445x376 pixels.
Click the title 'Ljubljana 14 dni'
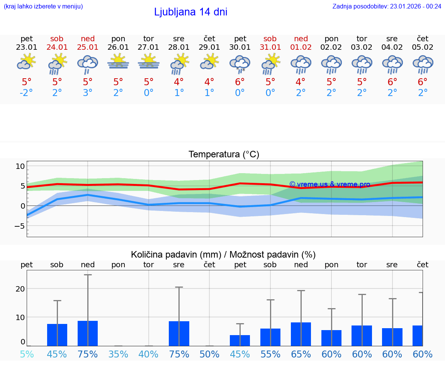click(190, 12)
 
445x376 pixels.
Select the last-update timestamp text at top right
click(387, 6)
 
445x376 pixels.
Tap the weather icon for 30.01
click(240, 64)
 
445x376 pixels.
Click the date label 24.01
click(57, 47)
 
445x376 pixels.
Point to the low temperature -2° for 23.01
click(27, 93)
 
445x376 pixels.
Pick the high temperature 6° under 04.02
click(392, 82)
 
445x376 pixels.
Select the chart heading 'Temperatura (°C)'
click(224, 155)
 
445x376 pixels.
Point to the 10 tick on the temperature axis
click(20, 166)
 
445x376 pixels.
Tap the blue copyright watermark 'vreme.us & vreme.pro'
click(330, 184)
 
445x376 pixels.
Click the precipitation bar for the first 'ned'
click(88, 333)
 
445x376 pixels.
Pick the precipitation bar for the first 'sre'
click(179, 334)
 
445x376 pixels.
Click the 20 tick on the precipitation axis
click(20, 289)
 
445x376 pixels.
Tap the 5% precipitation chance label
click(27, 354)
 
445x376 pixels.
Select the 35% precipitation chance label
click(118, 354)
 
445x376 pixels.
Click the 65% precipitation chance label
click(301, 354)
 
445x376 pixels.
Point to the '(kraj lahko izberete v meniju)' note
click(43, 6)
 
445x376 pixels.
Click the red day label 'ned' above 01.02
click(301, 39)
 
